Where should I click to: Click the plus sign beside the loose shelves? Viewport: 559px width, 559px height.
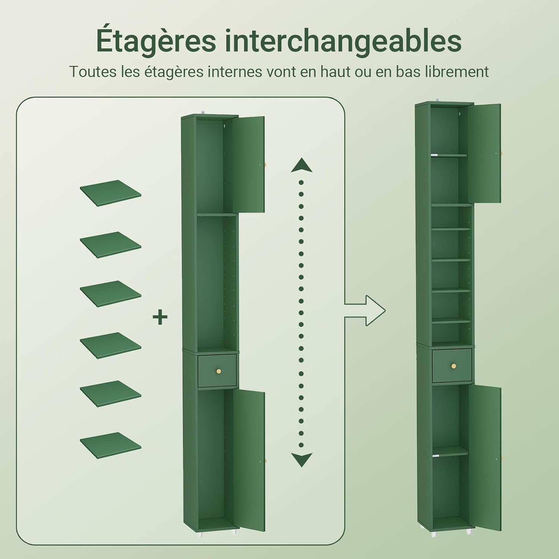[160, 318]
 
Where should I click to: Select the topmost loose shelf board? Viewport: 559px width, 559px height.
[110, 193]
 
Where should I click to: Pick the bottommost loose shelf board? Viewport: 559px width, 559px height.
[110, 445]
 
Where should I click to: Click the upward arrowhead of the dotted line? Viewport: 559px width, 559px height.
[301, 165]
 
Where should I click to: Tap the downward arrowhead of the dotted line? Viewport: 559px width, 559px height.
[301, 460]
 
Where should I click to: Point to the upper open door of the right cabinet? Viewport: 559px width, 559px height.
[484, 153]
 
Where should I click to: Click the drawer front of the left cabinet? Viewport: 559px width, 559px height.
[217, 370]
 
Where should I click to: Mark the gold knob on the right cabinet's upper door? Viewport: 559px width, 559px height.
[502, 153]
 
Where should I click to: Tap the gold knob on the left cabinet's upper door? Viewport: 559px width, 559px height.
[265, 164]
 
